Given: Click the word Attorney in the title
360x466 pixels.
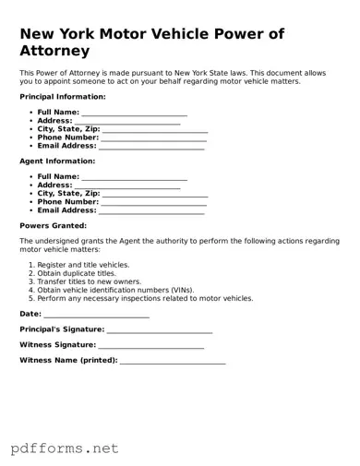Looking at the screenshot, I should click(x=54, y=51).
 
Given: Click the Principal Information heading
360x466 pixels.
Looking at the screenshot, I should click(x=62, y=96).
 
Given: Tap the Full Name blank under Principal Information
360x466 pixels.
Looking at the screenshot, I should click(x=134, y=113).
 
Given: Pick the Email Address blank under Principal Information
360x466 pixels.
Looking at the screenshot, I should click(x=151, y=146).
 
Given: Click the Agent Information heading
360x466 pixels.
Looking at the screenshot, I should click(x=57, y=161).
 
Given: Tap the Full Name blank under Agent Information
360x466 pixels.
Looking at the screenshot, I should click(x=134, y=176).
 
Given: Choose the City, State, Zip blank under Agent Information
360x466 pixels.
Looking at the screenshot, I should click(x=155, y=194).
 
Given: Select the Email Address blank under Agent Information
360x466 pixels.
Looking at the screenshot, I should click(x=151, y=210).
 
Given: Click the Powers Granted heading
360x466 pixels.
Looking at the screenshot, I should click(x=53, y=225).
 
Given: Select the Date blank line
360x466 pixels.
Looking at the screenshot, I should click(x=96, y=315).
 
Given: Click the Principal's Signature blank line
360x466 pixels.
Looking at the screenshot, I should click(x=160, y=329).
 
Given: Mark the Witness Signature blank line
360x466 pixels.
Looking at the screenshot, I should click(x=151, y=345).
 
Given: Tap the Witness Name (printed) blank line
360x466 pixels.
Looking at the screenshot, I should click(x=173, y=360).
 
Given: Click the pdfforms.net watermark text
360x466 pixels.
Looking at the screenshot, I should click(x=65, y=448).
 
